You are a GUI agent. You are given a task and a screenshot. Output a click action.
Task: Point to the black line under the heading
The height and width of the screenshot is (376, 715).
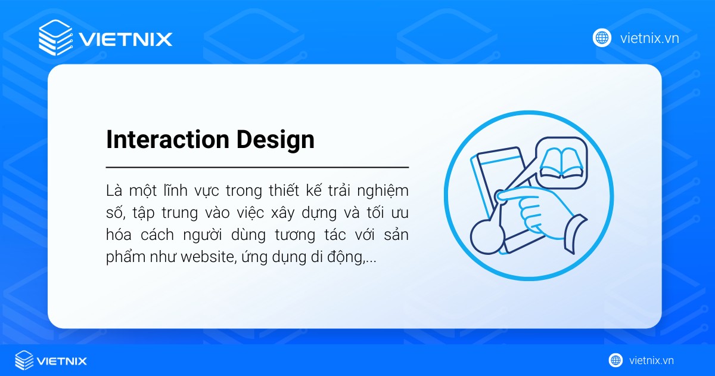[257, 168]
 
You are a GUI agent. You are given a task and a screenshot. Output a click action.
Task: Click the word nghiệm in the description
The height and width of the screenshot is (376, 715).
[385, 191]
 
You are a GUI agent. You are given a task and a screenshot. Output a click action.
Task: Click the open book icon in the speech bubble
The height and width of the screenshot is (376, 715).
[561, 163]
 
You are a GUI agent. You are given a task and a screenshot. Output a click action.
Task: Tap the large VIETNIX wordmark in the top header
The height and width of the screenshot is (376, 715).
[126, 39]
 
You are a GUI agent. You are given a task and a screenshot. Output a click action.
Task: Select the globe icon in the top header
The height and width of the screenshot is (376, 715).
[602, 38]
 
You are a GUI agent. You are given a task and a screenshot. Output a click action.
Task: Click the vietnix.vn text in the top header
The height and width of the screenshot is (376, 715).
[649, 39]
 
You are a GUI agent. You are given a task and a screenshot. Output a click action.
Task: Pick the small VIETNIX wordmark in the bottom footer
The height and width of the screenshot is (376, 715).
[62, 361]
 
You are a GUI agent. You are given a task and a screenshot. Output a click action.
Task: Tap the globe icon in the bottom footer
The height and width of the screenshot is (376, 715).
[615, 360]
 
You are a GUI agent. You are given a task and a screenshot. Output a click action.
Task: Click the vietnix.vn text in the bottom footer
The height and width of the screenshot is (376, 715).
[651, 360]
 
